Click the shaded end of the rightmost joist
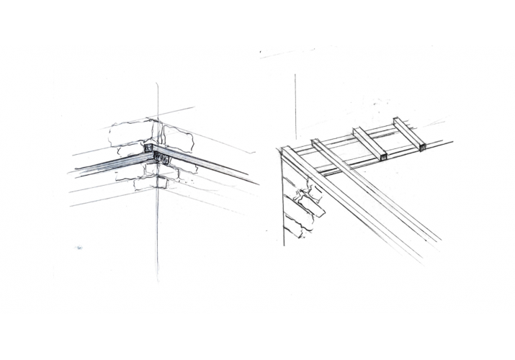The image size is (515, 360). click(421, 149)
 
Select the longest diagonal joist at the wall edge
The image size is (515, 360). click(353, 209)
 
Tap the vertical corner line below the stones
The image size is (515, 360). click(156, 230)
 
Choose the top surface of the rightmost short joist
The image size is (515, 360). click(408, 133)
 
